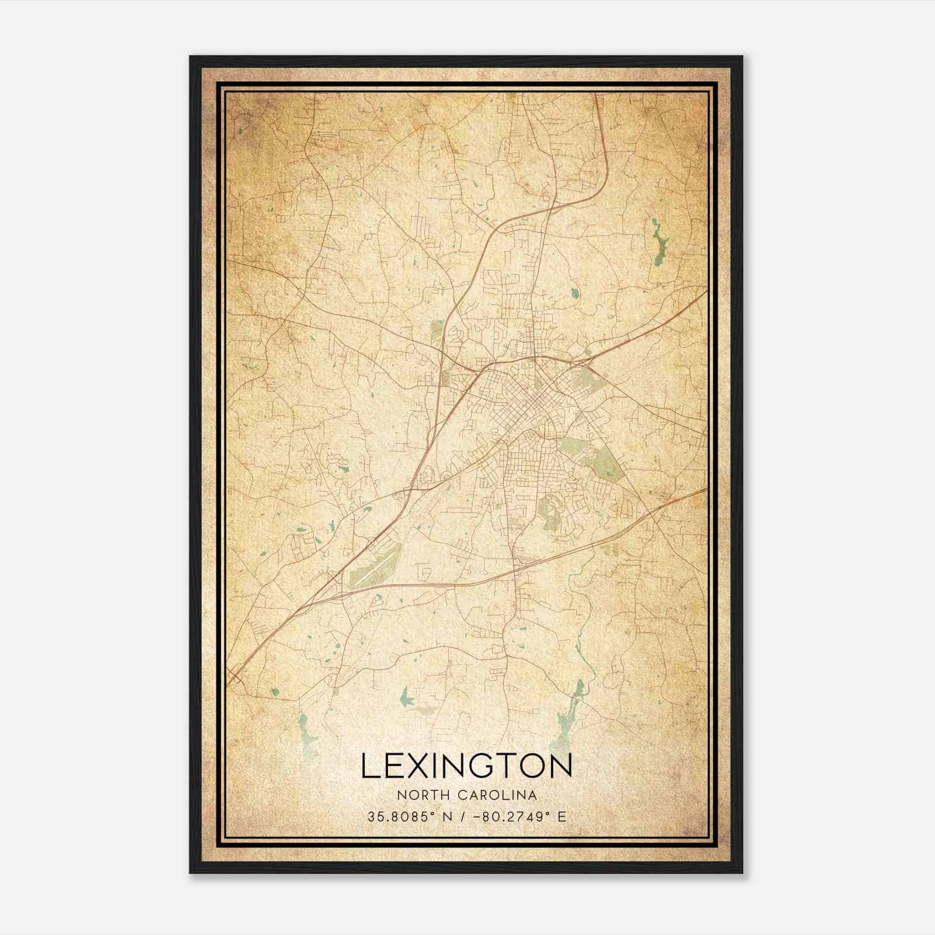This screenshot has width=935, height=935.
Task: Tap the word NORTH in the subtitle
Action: point(416,795)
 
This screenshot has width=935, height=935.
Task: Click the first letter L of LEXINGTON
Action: point(370,766)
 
